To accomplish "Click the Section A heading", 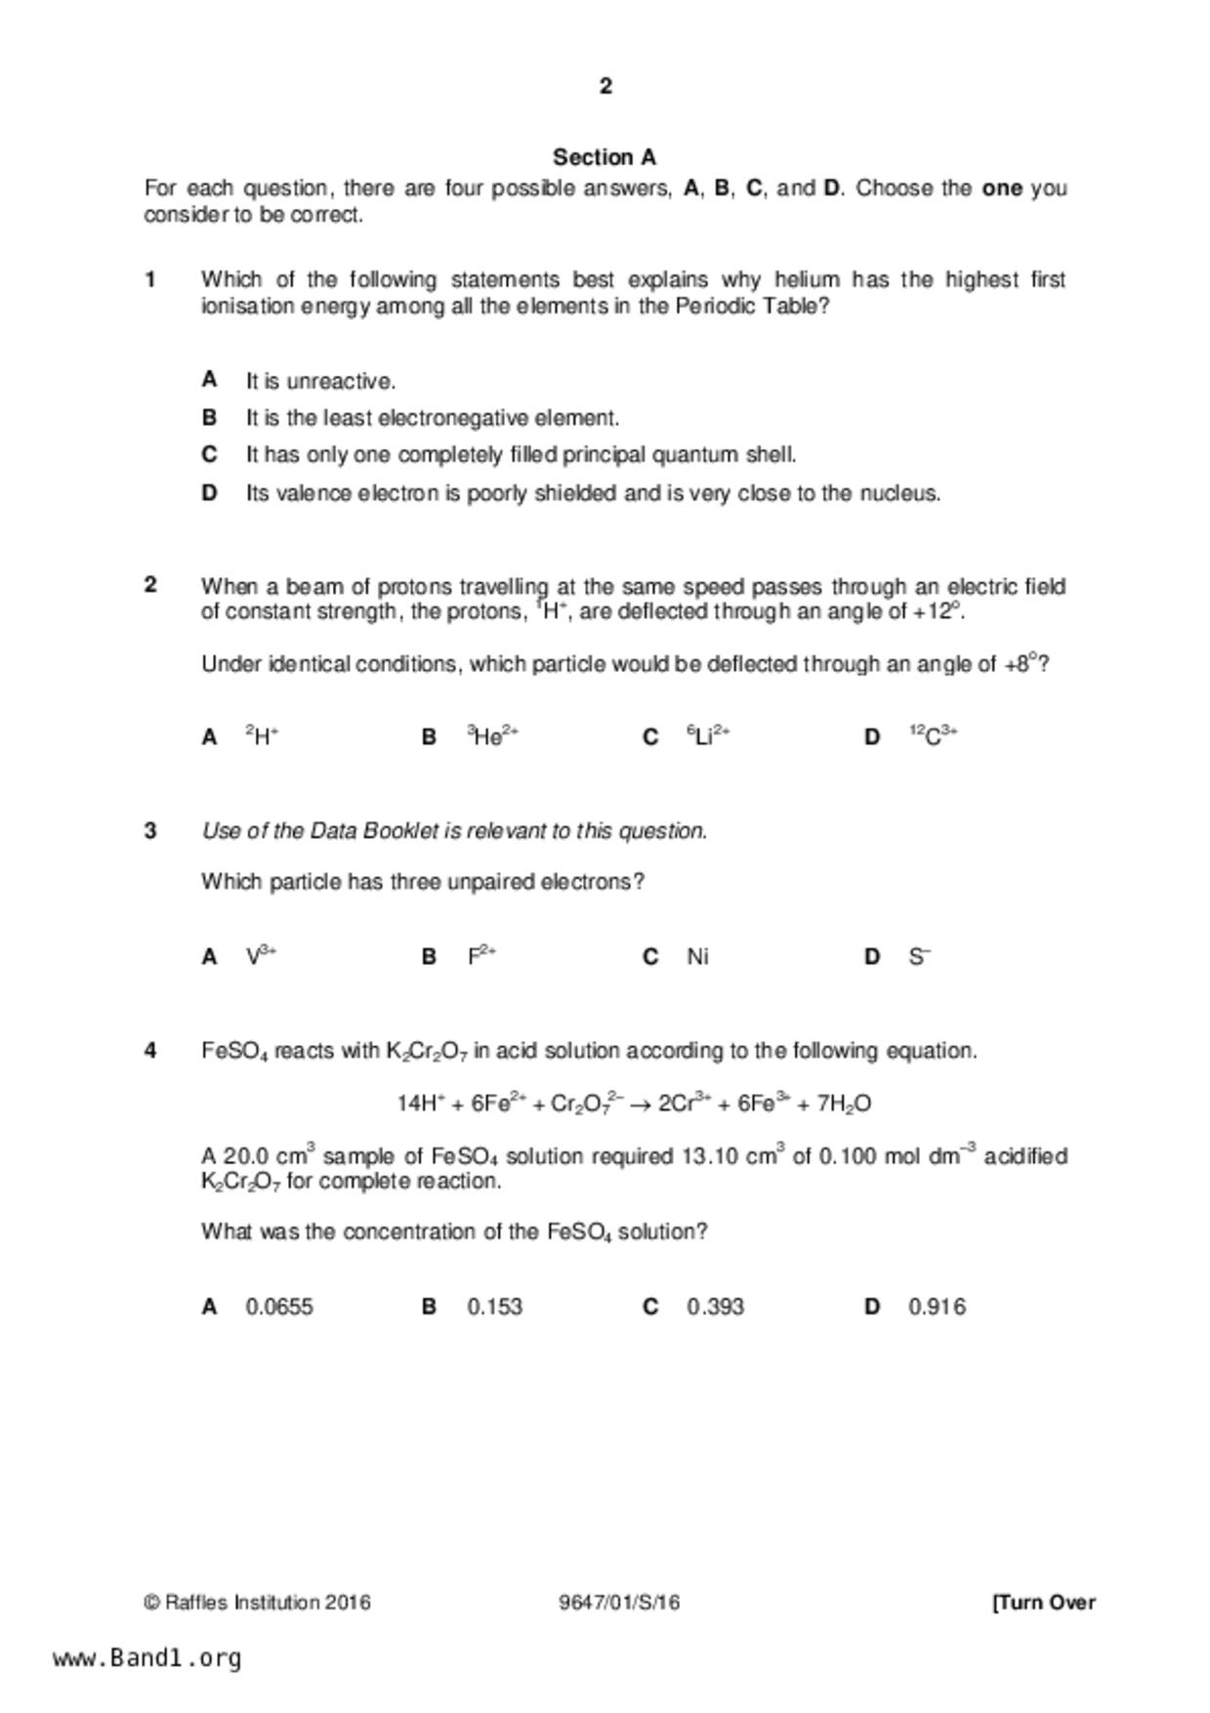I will (x=605, y=157).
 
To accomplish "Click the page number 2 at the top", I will (x=605, y=87).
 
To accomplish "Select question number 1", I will (x=150, y=280).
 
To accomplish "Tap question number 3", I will (x=150, y=831).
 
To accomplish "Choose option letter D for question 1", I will (x=209, y=493).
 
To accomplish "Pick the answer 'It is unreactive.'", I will (x=320, y=381).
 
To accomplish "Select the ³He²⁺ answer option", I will (x=492, y=736).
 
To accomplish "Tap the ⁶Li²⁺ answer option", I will (x=708, y=736).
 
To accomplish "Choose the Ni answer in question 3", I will (x=697, y=957).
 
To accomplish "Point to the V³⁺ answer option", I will (x=261, y=956).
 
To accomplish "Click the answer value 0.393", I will (x=715, y=1307).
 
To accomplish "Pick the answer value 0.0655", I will (x=279, y=1307).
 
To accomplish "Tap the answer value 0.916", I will (x=937, y=1307).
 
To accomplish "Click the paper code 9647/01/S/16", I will (x=619, y=1603).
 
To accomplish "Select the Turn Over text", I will (x=1044, y=1603).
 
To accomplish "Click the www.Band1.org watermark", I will (x=147, y=1658).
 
